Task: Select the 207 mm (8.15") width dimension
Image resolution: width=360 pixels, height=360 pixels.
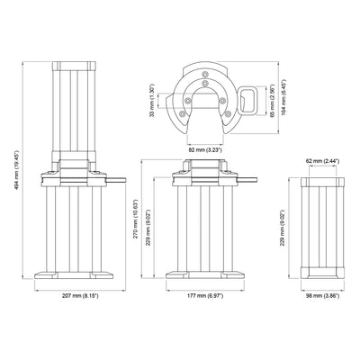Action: click(x=81, y=296)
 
